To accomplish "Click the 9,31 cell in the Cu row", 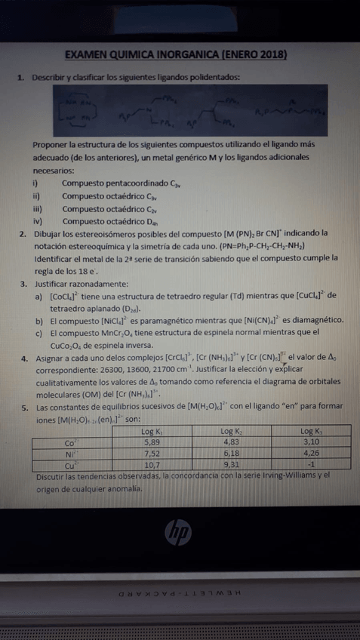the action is coord(233,465).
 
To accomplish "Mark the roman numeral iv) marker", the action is coord(35,220).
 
